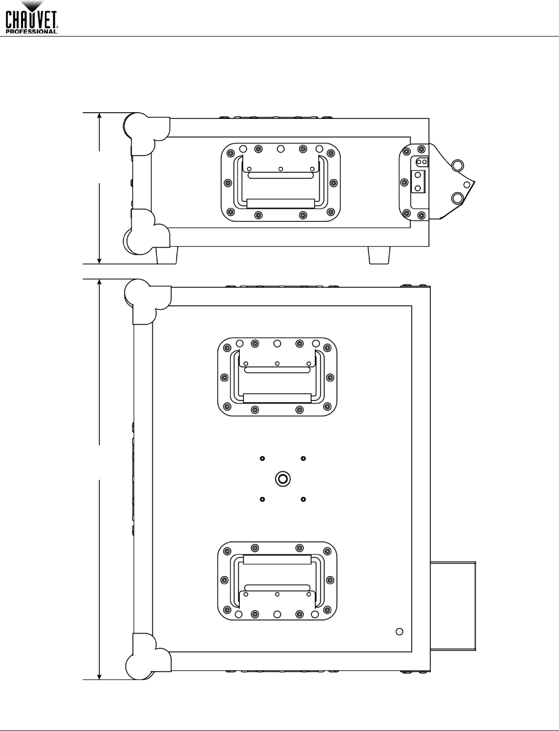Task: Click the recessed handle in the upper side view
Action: [281, 182]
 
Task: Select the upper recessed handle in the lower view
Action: [277, 377]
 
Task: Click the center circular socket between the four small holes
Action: [283, 479]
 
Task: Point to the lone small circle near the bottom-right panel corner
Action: [399, 632]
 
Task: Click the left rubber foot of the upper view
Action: [167, 255]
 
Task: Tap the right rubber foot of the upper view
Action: [379, 255]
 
